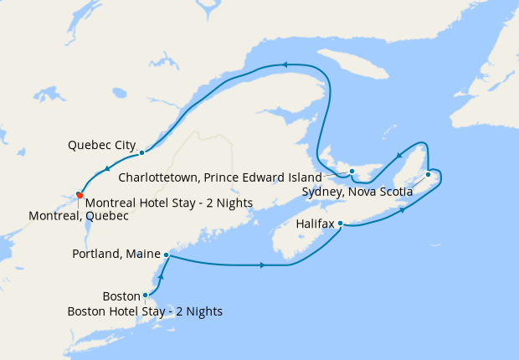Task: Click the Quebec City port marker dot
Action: point(142,152)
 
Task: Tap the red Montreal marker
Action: point(79,195)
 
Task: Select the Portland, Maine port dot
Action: point(167,255)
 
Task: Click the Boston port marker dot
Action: point(146,295)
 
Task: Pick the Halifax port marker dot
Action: point(341,224)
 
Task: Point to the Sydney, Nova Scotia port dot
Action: point(428,174)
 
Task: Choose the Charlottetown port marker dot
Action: point(352,172)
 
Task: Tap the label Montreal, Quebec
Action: point(79,216)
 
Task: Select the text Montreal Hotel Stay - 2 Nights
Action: point(158,203)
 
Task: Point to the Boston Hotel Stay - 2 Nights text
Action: point(145,311)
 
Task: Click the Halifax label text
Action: point(316,224)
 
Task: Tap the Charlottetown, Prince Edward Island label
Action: point(220,177)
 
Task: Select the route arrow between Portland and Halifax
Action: point(263,265)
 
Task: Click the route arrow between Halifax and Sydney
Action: point(404,209)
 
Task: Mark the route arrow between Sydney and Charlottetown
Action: point(399,154)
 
